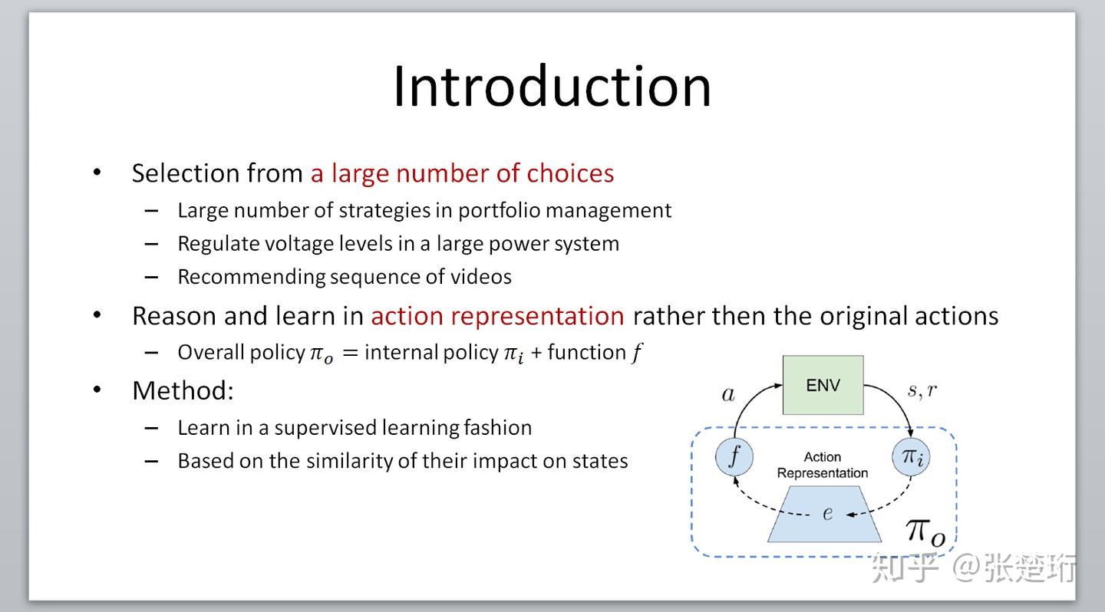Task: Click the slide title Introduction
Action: pos(552,87)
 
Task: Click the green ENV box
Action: pos(823,385)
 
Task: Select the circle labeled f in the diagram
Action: pos(734,457)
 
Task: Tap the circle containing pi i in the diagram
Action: pos(911,457)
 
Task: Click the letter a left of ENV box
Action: pos(728,395)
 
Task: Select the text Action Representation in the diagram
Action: pos(823,465)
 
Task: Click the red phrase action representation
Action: pos(497,316)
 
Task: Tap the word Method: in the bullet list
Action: pos(183,390)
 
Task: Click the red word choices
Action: pos(570,173)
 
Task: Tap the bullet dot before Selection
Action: pos(97,172)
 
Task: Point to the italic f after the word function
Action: pos(636,353)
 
